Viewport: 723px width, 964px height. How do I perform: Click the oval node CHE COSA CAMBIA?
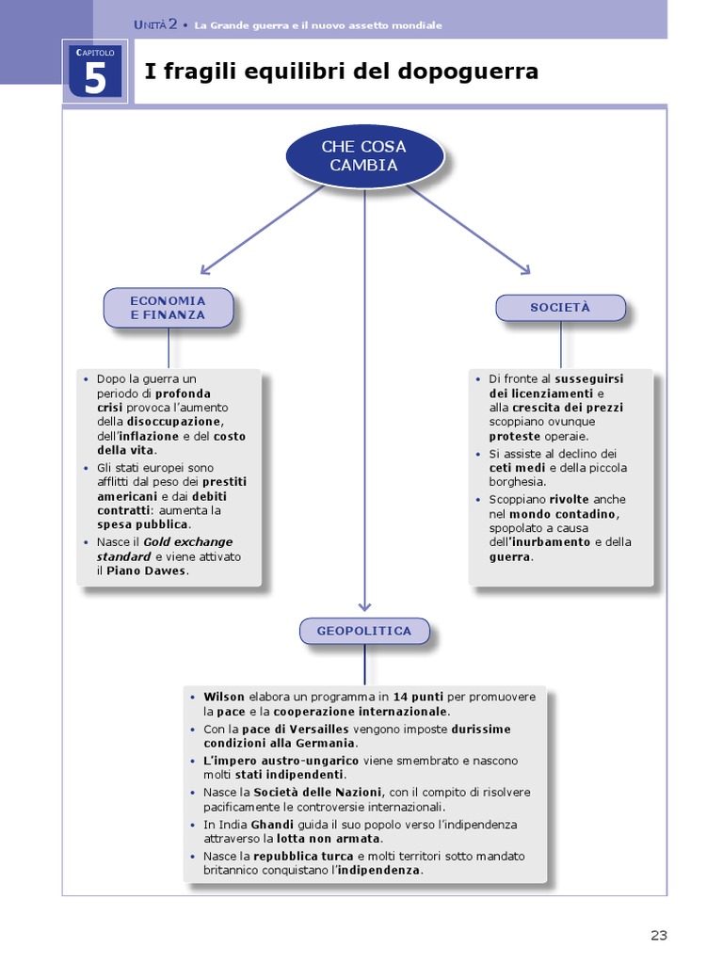tap(364, 156)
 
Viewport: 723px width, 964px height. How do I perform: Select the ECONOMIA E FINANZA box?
tap(168, 308)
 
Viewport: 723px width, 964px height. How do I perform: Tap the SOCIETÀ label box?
tap(560, 308)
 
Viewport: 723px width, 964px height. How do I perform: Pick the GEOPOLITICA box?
tap(364, 631)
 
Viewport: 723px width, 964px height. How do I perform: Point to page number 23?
tap(658, 935)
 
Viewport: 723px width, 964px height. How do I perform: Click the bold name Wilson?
tap(224, 697)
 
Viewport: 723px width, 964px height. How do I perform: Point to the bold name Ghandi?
tap(274, 825)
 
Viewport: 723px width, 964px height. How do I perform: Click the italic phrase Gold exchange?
tap(188, 542)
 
